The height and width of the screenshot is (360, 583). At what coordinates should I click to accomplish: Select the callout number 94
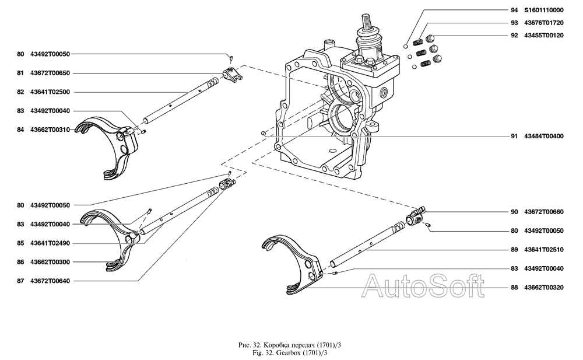tap(514, 10)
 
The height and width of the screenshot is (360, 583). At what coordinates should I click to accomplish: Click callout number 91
tap(514, 137)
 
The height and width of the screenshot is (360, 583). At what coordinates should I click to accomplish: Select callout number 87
tap(20, 281)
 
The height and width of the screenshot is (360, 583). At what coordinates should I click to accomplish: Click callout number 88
tap(514, 288)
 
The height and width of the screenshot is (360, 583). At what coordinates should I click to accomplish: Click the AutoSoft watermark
tap(424, 286)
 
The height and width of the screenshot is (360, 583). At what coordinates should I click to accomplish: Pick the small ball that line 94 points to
tap(405, 45)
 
